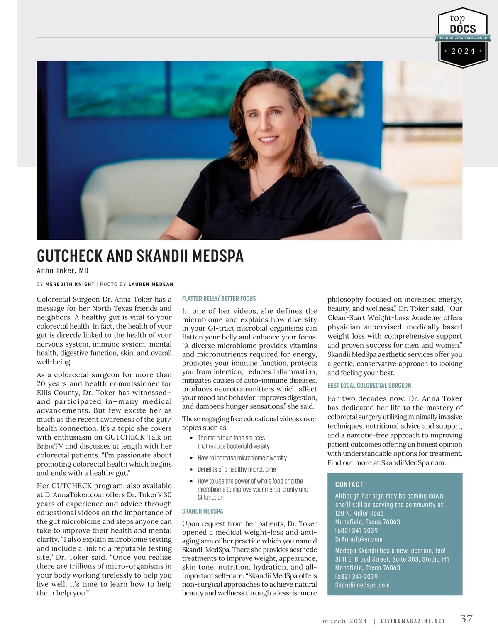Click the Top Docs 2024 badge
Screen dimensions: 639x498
click(463, 38)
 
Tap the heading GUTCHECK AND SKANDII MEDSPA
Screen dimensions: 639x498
click(140, 256)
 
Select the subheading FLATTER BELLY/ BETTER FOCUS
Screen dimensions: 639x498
click(219, 298)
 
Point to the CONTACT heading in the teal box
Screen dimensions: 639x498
click(349, 484)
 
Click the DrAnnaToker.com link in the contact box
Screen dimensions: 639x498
click(359, 539)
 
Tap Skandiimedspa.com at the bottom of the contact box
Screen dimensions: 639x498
click(362, 585)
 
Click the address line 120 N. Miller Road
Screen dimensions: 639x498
click(359, 513)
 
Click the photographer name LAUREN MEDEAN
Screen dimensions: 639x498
click(151, 284)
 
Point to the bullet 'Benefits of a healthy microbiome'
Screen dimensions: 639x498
click(237, 469)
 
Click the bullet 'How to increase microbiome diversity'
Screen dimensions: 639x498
click(242, 457)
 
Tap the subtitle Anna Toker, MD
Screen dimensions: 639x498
click(63, 271)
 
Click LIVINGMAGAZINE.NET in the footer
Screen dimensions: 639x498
click(413, 622)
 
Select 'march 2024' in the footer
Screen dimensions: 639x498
click(344, 622)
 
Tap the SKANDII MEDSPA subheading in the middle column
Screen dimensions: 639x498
click(203, 511)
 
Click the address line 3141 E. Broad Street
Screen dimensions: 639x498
click(392, 559)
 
